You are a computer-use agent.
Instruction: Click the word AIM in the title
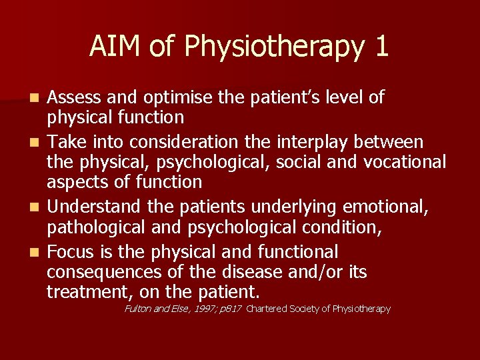[111, 46]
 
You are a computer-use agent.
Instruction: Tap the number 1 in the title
[381, 46]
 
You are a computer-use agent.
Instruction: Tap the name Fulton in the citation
[138, 309]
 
